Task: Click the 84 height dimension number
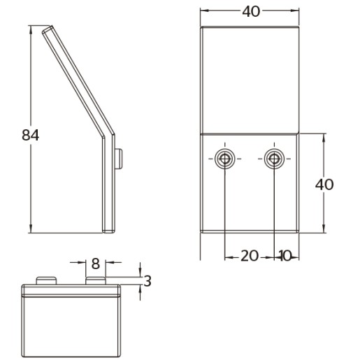[x=30, y=135]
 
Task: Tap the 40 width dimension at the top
[x=251, y=11]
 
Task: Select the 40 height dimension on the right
[x=324, y=185]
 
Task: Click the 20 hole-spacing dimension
[x=250, y=256]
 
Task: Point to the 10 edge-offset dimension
[x=285, y=256]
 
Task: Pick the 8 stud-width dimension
[x=96, y=264]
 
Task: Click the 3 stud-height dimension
[x=147, y=281]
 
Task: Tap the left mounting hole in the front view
[x=224, y=159]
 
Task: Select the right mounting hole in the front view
[x=274, y=159]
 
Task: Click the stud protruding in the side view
[x=119, y=159]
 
